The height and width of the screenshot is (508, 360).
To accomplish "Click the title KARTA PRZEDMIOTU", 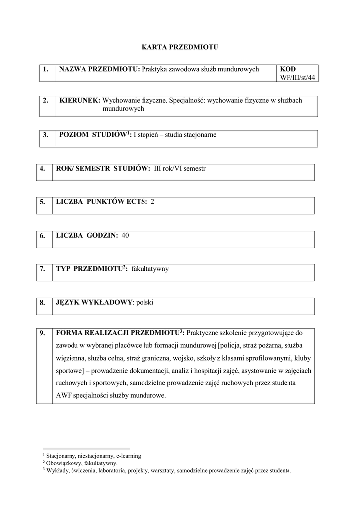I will [x=180, y=47].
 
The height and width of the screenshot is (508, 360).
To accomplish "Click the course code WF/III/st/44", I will [x=298, y=78].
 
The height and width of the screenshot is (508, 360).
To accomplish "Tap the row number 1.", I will [x=46, y=69].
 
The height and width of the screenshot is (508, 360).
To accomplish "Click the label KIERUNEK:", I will [x=79, y=100].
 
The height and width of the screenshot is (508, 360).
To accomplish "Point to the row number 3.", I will [x=46, y=135].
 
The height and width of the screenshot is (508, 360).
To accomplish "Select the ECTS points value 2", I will [x=152, y=202].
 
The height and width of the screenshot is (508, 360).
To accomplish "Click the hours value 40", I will [x=125, y=235].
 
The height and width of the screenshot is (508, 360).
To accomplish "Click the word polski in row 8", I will [x=145, y=302].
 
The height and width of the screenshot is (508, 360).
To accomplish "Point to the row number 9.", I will [x=42, y=332].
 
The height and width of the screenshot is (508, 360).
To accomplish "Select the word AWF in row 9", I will [x=64, y=395].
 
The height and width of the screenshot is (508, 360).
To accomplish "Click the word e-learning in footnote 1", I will [x=128, y=455].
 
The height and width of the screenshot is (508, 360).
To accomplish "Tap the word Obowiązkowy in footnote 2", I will [x=64, y=463].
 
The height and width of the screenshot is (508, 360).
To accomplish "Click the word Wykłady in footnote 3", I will [x=57, y=470].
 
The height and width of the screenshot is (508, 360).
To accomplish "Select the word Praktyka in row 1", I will [x=154, y=69].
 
